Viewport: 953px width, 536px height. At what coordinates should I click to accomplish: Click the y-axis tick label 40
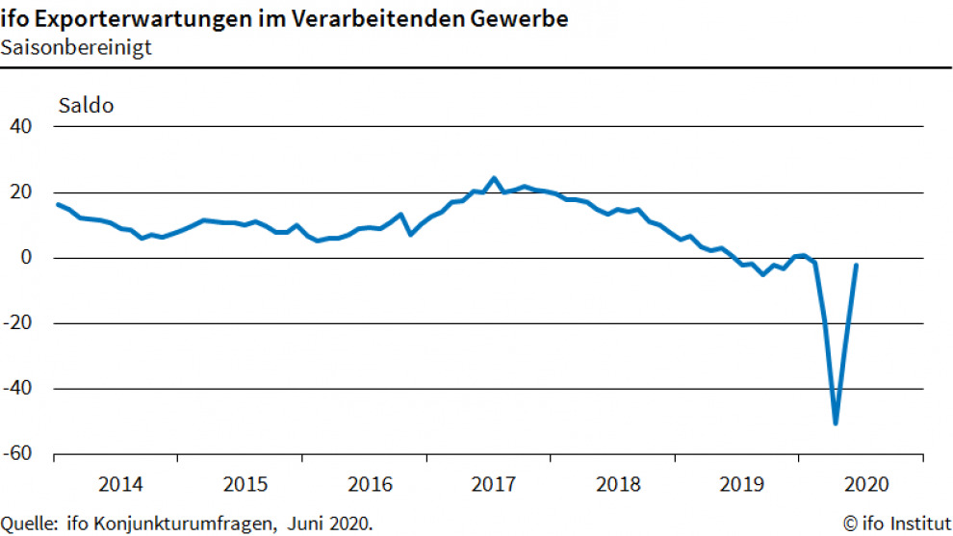coord(21,127)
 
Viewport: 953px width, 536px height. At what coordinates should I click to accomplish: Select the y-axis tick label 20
coord(21,192)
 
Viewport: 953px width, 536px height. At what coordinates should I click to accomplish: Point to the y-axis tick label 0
coord(27,258)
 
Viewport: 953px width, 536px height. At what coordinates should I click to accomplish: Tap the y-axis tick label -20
coord(18,323)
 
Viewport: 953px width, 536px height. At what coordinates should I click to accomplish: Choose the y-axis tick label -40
coord(18,389)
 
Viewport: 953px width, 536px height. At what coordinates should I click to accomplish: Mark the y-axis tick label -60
coord(18,454)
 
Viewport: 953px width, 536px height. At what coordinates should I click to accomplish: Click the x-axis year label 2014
coord(120,482)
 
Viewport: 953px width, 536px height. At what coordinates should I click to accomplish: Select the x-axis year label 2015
coord(245,482)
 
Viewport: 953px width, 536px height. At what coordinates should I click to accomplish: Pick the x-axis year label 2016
coord(369,482)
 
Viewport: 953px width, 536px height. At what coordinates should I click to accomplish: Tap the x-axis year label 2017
coord(493,482)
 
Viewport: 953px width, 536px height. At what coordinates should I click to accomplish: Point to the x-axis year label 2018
coord(617,482)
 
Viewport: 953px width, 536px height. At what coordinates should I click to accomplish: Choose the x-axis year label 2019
coord(741,482)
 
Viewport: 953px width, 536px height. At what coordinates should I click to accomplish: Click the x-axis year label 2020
coord(864,482)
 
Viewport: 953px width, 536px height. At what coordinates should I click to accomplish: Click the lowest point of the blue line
coord(836,422)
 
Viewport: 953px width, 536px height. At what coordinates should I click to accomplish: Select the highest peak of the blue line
coord(494,178)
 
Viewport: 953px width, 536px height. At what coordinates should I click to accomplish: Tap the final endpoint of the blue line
coord(857,265)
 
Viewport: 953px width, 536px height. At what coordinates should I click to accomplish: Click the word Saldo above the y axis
coord(87,105)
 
